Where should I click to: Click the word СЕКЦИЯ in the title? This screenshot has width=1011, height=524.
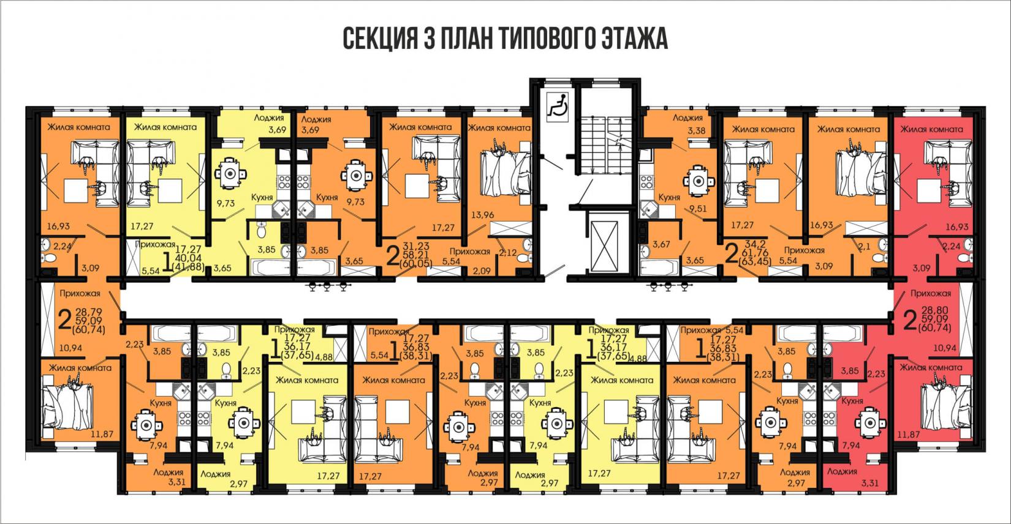pyautogui.click(x=378, y=40)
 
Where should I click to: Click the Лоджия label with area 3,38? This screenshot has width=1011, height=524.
pyautogui.click(x=686, y=123)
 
